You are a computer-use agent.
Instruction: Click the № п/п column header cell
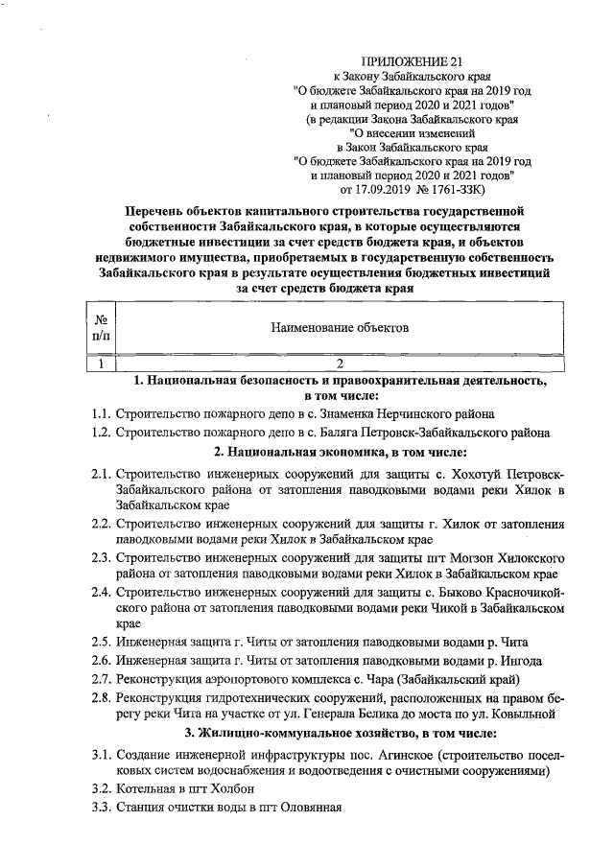click(x=100, y=327)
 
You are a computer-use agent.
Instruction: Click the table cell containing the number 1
click(x=100, y=364)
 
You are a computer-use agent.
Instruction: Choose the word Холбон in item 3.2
click(x=226, y=786)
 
